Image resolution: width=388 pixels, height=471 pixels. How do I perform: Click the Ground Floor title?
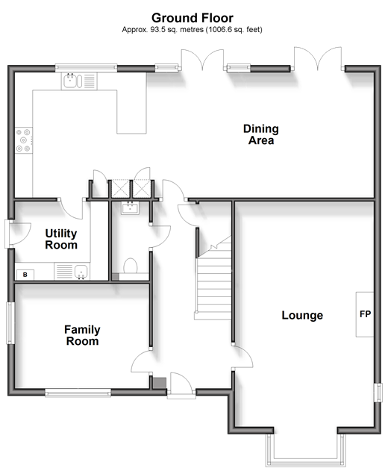point(193,18)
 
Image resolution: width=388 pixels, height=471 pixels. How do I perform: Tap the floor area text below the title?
point(193,29)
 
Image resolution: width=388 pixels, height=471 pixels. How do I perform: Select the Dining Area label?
point(261,134)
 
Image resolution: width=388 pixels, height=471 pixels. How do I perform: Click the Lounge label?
point(302,315)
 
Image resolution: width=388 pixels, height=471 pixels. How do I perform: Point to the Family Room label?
point(82,335)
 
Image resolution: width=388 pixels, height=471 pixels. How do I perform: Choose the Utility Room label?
point(61,239)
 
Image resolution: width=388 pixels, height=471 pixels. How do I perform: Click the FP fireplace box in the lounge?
point(365,314)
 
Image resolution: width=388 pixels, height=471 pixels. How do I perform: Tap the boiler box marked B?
point(25,275)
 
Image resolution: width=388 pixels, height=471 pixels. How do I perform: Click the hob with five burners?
point(24,140)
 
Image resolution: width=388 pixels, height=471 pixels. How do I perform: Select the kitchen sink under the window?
point(79,81)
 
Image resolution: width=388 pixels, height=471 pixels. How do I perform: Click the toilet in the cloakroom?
point(131,266)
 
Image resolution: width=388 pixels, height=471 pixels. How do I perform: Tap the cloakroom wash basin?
point(131,208)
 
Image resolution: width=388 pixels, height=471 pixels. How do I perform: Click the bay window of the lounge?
point(306,449)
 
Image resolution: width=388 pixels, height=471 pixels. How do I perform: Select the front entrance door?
point(181,386)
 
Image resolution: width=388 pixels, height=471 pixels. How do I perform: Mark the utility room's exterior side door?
point(17,234)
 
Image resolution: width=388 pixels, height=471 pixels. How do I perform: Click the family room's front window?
point(78,393)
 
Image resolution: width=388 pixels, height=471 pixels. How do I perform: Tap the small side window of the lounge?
point(378,393)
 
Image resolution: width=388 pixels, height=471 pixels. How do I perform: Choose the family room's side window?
point(10,323)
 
